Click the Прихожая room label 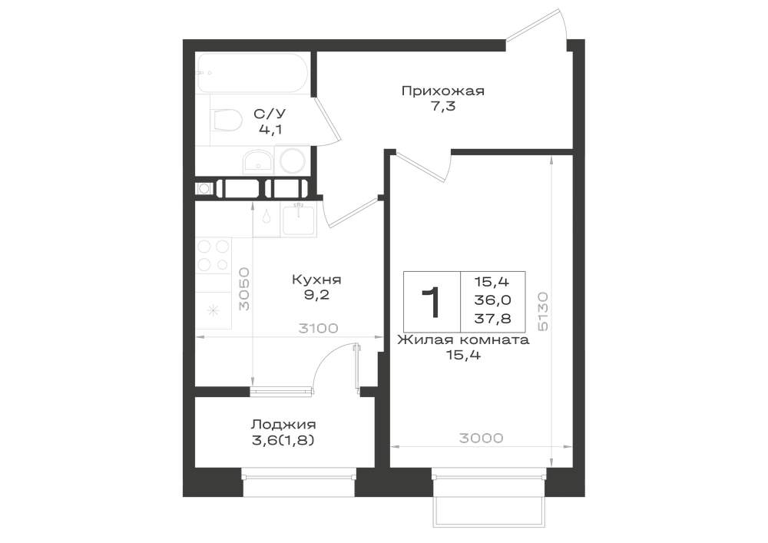[443, 91]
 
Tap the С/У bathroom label [270, 114]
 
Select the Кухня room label [316, 280]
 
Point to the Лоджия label [283, 425]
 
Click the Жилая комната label [463, 340]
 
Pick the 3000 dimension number [482, 438]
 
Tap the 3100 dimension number [319, 328]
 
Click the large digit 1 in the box [431, 303]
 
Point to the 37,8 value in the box [493, 319]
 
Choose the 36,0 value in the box [493, 300]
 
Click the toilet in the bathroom [227, 121]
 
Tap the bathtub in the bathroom [252, 73]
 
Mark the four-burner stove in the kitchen [213, 255]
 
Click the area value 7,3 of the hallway [443, 105]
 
